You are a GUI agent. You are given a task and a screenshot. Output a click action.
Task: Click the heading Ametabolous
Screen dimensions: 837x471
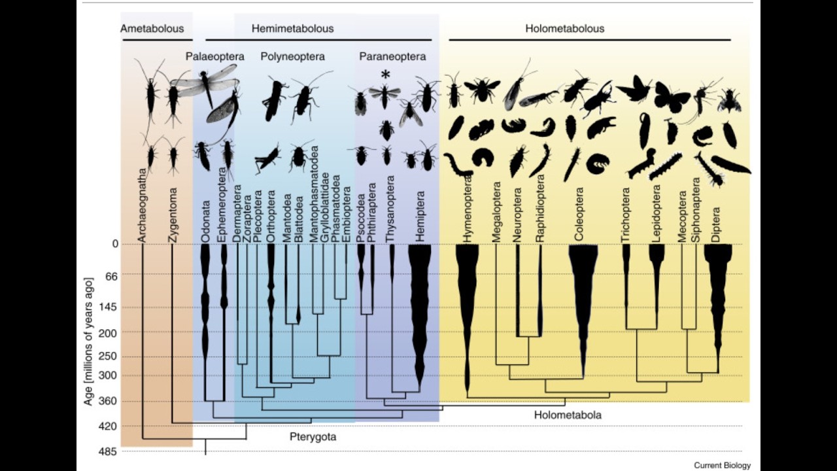[152, 29]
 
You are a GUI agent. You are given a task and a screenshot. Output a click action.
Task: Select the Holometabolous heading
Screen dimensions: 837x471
[564, 29]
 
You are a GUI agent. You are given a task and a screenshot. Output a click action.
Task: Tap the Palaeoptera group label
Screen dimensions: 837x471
[215, 56]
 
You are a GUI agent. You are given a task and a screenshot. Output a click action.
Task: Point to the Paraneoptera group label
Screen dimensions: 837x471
[392, 56]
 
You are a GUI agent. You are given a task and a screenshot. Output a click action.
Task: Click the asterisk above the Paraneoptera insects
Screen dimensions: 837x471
[385, 75]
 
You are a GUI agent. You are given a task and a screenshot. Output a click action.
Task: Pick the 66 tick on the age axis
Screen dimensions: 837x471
[110, 276]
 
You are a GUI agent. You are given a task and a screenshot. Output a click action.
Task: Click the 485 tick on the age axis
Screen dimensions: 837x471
[107, 451]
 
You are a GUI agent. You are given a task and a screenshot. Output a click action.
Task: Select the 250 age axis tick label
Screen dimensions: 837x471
[107, 357]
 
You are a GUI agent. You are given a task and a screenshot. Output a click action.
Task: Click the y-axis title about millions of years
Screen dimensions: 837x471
[88, 341]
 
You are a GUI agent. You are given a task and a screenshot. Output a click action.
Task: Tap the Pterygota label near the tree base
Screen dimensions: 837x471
[313, 436]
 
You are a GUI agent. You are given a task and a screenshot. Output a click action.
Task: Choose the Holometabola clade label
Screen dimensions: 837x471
[568, 415]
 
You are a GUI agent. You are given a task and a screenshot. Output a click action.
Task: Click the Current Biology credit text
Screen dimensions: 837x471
[723, 465]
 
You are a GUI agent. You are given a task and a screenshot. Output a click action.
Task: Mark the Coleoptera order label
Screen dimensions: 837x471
[579, 214]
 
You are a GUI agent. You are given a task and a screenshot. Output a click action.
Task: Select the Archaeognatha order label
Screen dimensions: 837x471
[142, 205]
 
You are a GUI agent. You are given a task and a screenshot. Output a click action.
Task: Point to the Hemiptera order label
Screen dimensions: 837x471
[420, 216]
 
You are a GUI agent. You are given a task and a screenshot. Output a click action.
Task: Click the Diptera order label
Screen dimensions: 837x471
[716, 224]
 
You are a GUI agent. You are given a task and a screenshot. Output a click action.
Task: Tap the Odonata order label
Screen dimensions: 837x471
[205, 222]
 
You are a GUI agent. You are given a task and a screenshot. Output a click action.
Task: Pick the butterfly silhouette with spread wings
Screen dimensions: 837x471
[672, 97]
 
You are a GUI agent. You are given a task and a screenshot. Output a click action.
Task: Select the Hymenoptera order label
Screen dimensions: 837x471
[467, 210]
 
